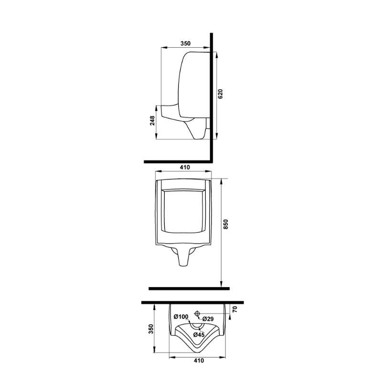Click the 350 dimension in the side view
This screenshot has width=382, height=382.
[185, 43]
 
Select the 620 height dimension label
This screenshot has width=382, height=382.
[220, 94]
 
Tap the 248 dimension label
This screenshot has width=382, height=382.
[152, 121]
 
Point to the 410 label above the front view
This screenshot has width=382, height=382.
[185, 168]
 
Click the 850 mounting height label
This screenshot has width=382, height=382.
[225, 224]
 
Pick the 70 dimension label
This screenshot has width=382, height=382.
[234, 309]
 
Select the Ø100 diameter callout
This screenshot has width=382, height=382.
[181, 317]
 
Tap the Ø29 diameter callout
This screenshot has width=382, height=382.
[208, 318]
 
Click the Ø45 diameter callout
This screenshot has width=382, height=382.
[199, 335]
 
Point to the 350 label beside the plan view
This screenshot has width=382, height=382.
[151, 329]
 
